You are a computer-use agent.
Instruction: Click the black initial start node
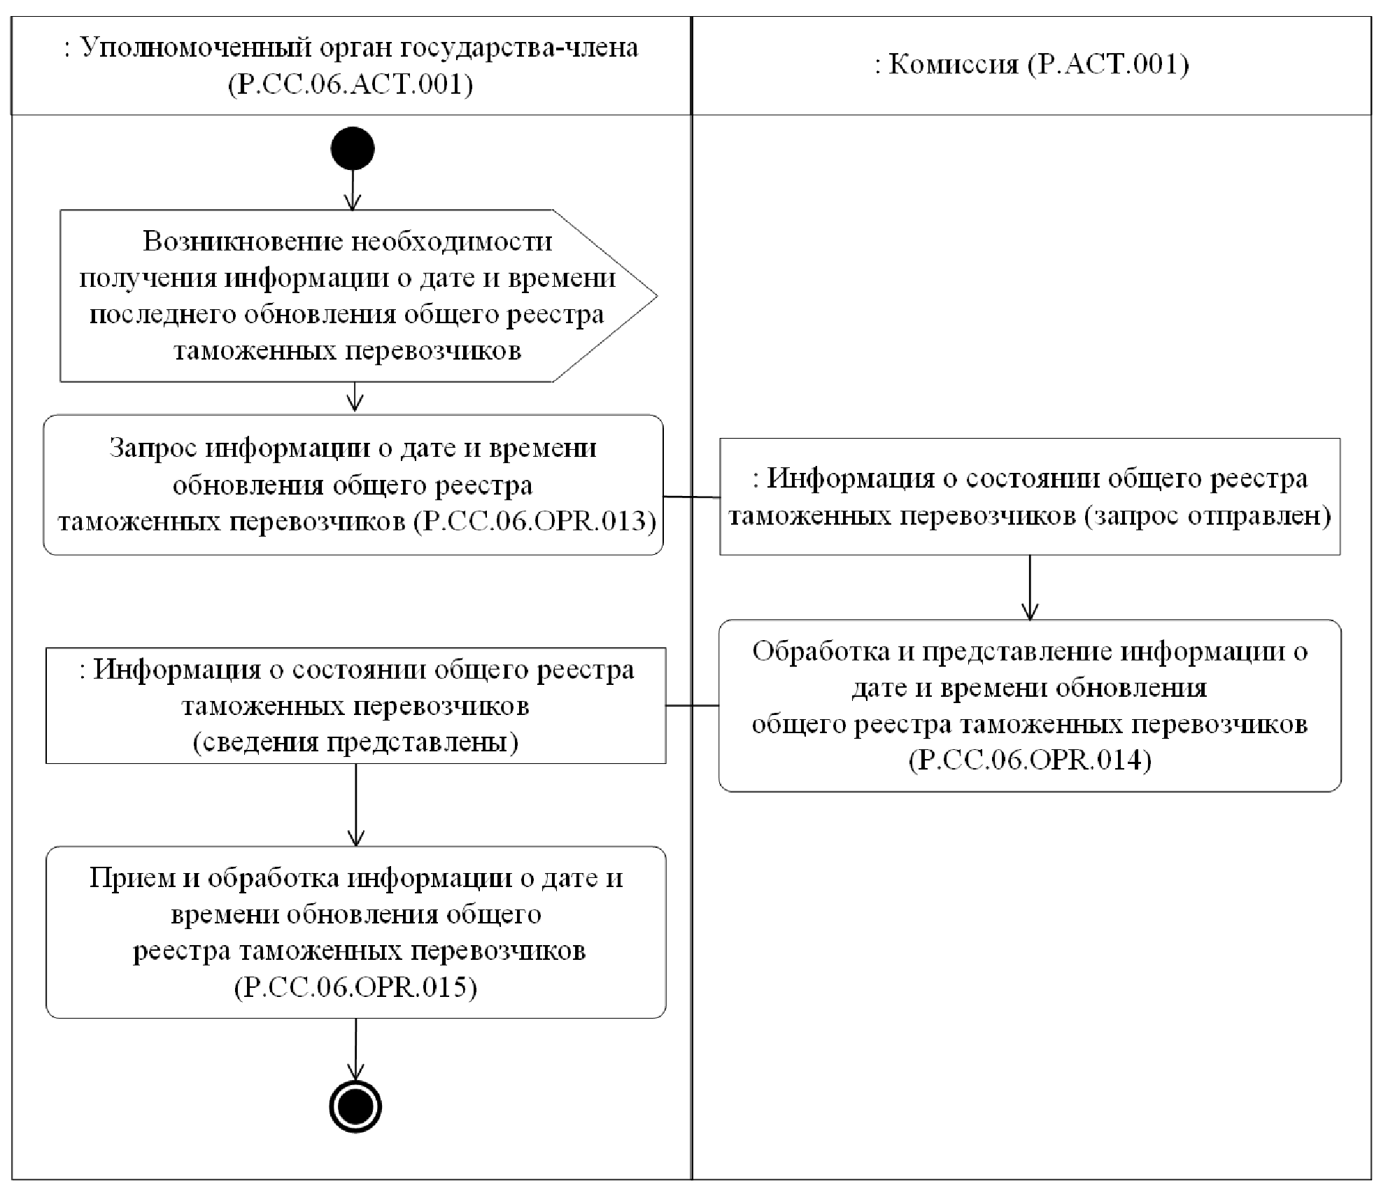click(x=353, y=148)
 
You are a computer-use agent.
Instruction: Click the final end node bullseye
click(x=355, y=1107)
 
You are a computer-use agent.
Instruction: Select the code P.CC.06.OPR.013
click(x=535, y=522)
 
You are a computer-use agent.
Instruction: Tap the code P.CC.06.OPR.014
click(x=1030, y=760)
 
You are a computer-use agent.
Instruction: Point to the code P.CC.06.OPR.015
click(x=355, y=987)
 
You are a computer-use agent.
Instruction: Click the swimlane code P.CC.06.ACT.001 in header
click(x=350, y=85)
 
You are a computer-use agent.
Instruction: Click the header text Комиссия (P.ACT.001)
click(x=1031, y=64)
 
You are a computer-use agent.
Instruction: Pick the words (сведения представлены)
click(x=355, y=742)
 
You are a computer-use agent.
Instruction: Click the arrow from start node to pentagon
click(x=353, y=189)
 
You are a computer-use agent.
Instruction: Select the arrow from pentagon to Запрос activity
click(x=355, y=397)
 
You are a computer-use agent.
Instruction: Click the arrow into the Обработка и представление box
click(x=1030, y=588)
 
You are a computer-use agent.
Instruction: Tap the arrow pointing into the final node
click(x=355, y=1049)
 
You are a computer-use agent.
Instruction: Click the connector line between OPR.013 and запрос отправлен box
click(x=691, y=497)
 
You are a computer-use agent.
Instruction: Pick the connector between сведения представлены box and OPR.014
click(x=692, y=705)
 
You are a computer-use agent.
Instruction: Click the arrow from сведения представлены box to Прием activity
click(x=356, y=805)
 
